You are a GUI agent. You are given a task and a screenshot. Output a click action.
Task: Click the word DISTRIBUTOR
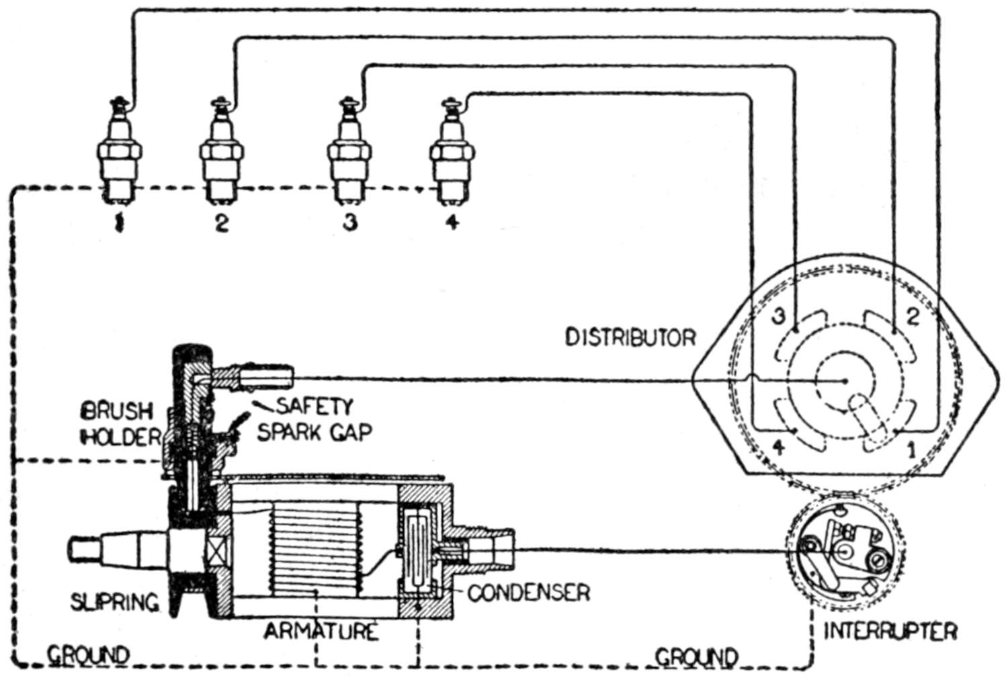click(x=630, y=337)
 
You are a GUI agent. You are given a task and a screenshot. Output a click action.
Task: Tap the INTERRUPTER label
click(x=890, y=631)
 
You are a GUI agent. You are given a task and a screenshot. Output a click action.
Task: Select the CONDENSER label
click(x=528, y=593)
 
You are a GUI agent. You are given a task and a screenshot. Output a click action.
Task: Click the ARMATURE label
click(x=321, y=632)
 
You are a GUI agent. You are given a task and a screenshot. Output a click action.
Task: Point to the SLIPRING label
click(x=115, y=601)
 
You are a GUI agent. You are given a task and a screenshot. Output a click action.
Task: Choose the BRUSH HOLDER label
click(x=118, y=424)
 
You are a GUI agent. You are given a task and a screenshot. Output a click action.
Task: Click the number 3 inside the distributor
click(x=778, y=317)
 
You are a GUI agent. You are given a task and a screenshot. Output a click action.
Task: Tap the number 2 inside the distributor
click(x=912, y=317)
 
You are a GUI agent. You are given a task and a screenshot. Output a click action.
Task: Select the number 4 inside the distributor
click(x=778, y=446)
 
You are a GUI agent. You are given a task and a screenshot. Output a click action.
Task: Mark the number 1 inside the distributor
click(x=911, y=449)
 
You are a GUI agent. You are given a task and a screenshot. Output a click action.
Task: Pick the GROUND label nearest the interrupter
click(x=696, y=656)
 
